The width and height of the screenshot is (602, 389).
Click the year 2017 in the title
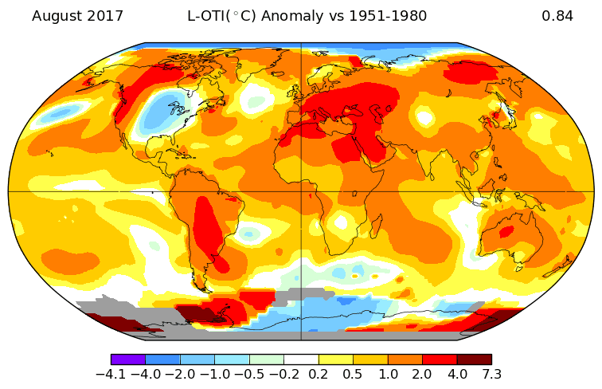(105, 16)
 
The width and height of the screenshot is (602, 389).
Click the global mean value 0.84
(557, 16)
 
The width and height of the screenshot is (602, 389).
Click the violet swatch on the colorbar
(128, 360)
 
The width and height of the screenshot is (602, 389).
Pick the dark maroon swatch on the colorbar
(474, 360)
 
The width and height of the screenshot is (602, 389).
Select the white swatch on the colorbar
(301, 360)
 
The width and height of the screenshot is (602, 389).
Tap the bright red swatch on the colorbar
(440, 360)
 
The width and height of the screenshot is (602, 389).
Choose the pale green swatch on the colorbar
(267, 360)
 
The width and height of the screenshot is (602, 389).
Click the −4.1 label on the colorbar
(111, 374)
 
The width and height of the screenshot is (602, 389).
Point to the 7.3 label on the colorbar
(491, 374)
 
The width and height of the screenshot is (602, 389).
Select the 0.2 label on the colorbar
(319, 374)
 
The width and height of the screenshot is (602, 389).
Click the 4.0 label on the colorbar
(456, 374)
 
